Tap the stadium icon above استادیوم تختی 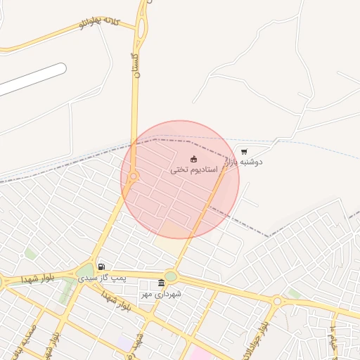[193, 159]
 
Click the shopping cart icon [243, 151]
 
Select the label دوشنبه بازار [243, 162]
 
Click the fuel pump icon [102, 266]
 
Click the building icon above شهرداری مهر [161, 283]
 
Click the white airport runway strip [32, 79]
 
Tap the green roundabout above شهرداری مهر [171, 276]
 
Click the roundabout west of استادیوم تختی [133, 176]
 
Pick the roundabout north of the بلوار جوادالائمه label [277, 301]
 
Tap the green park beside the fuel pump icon [85, 271]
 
